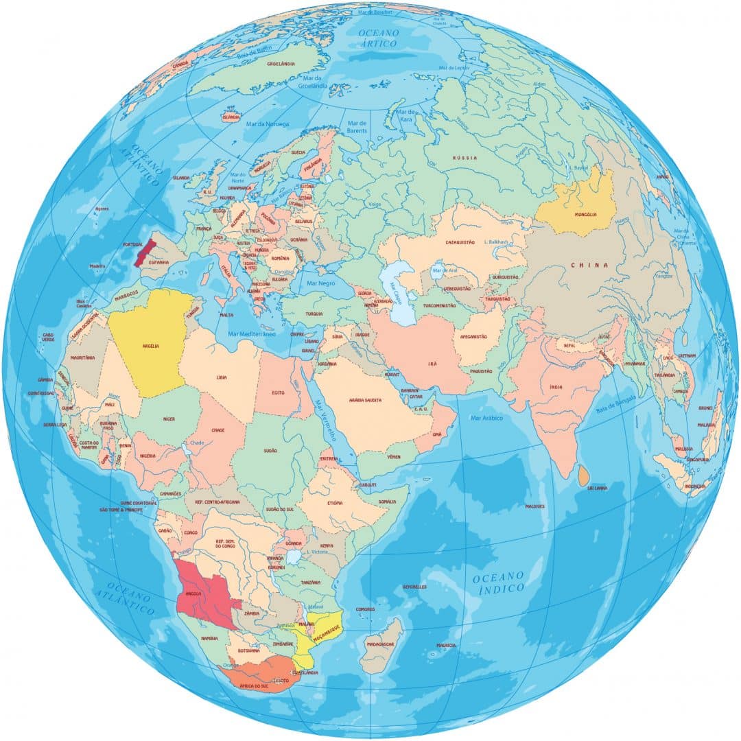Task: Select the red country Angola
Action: point(202,593)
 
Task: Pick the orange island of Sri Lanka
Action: point(583,475)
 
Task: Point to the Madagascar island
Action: point(379,645)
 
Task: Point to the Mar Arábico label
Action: point(487,417)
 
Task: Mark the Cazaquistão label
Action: point(460,242)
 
